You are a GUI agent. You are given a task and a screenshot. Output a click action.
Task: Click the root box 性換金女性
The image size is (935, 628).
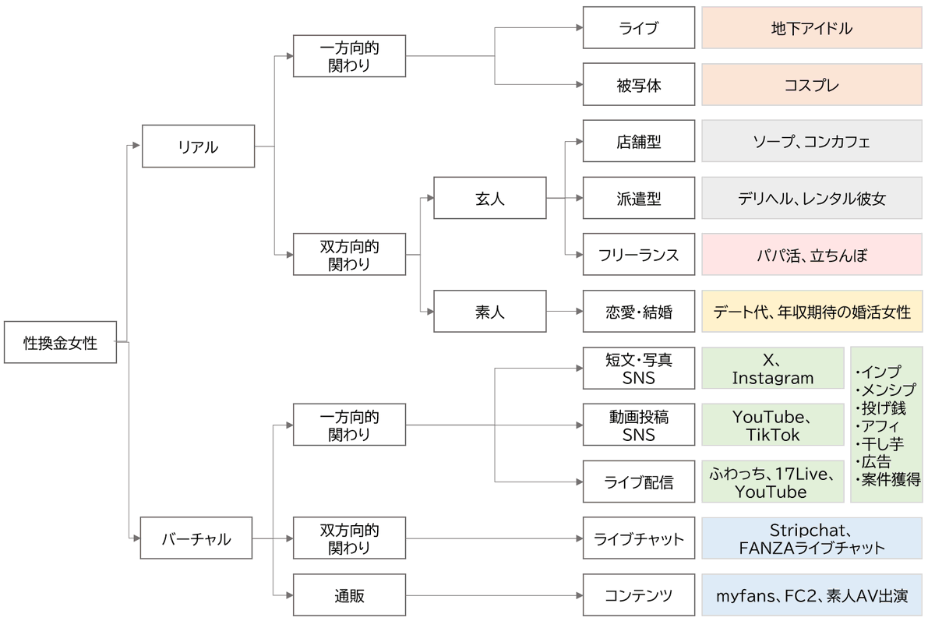[60, 342]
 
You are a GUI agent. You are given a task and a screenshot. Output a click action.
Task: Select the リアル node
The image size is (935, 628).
[198, 146]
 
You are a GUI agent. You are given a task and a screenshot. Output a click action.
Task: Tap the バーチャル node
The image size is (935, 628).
[196, 538]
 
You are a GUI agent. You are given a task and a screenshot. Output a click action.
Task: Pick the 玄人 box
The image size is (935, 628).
[489, 199]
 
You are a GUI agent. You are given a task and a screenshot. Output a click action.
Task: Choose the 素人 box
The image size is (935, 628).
[489, 312]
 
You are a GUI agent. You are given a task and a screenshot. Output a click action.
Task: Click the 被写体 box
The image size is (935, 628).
[638, 85]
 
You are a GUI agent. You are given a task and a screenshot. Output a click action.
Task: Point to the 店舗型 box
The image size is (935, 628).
[638, 142]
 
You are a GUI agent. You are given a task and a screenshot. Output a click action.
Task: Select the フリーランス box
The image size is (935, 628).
[638, 255]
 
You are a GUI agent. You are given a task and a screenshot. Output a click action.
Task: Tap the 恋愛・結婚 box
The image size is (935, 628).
[638, 312]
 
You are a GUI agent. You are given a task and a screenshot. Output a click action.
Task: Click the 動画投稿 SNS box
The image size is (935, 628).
[638, 425]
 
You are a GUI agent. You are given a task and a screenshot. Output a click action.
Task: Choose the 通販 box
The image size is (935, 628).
[349, 596]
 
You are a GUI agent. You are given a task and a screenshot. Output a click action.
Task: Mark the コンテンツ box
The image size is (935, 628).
[638, 596]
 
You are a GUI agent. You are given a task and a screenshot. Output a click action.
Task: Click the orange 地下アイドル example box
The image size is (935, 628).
[811, 29]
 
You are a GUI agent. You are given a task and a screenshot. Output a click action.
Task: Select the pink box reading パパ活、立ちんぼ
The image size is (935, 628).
[811, 255]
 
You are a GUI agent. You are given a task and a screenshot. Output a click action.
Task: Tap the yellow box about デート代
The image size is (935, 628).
[811, 312]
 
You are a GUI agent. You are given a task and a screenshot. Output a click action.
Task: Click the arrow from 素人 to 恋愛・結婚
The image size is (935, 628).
[565, 312]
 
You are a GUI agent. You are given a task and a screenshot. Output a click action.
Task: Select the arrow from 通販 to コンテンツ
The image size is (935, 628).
[495, 596]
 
